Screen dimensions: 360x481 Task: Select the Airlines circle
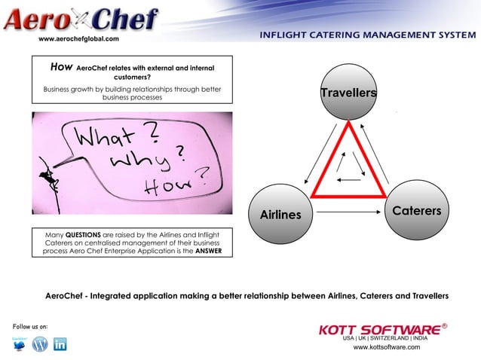tap(280, 215)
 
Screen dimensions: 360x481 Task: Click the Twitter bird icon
tap(20, 344)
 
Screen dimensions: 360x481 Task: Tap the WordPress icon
tap(40, 344)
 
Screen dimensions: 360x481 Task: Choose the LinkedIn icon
tap(60, 344)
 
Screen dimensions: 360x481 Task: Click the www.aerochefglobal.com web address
tap(78, 38)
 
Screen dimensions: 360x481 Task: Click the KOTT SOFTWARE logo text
tap(379, 330)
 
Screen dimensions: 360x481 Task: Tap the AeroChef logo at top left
tap(81, 18)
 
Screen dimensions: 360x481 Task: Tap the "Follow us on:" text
tap(30, 326)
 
